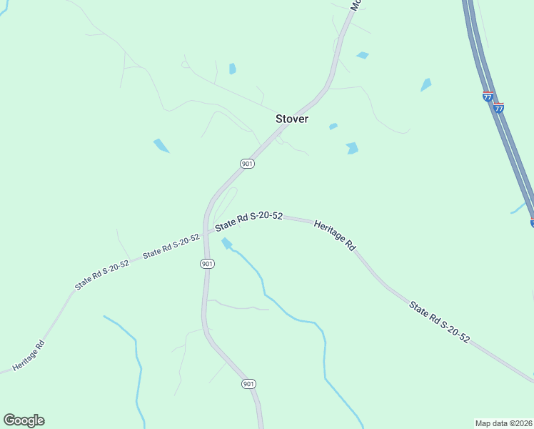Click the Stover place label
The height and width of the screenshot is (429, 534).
pos(292,119)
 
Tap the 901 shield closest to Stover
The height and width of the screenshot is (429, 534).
pos(247,164)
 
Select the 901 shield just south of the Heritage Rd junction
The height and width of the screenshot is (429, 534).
pos(208,264)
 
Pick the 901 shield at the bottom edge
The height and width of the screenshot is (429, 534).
pos(248,384)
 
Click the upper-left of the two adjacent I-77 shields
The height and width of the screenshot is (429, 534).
pos(488,97)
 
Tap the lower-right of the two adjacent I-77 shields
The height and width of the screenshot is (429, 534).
pos(499,107)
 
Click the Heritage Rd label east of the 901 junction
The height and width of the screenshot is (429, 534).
pos(334,234)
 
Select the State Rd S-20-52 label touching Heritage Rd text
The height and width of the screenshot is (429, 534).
pos(250,220)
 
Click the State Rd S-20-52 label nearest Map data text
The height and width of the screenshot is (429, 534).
pos(439,322)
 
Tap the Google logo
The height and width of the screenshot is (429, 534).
pos(24,420)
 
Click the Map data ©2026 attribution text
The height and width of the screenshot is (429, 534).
pos(504,423)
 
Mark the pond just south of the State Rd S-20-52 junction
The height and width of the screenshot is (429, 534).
pos(227,243)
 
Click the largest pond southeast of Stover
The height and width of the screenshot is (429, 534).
pos(352,148)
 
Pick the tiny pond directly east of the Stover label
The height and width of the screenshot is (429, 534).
pos(333,127)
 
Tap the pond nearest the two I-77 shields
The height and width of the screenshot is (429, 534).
pos(426,84)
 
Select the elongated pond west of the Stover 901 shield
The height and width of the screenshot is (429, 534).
pos(161,145)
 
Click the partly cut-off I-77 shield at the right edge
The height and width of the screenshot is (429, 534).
pos(532,223)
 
